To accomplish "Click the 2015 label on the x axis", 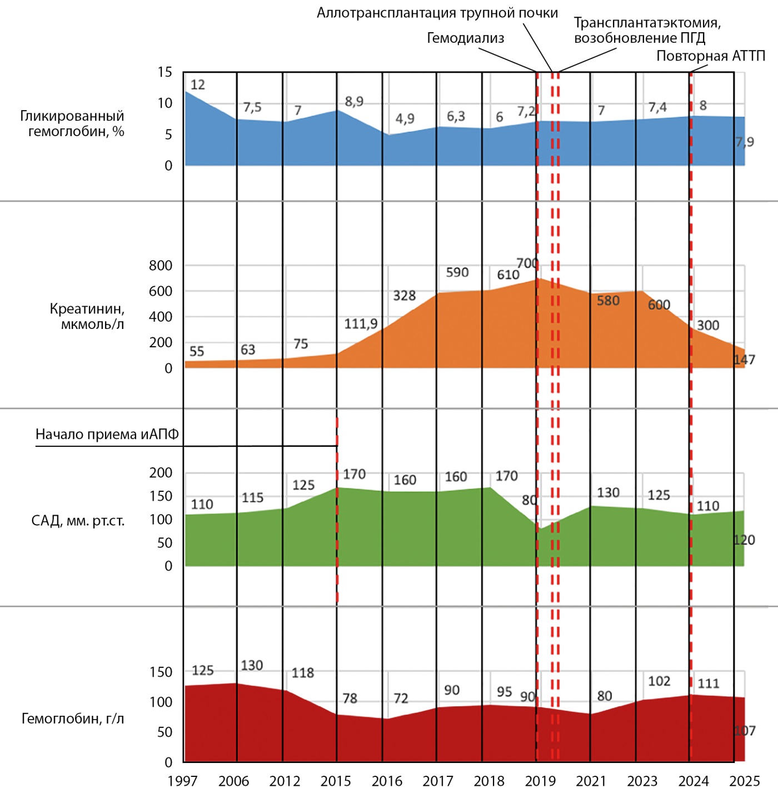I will (x=336, y=781).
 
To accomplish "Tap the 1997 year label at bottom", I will (x=182, y=781).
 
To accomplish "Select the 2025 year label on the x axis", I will (x=745, y=781).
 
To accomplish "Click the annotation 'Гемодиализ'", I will (x=465, y=38).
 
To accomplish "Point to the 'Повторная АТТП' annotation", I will (x=711, y=56).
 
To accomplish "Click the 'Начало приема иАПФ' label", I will (x=107, y=434).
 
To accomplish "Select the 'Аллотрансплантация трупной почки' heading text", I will (x=437, y=13).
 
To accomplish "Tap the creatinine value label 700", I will (x=527, y=263).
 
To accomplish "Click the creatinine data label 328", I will (x=405, y=296).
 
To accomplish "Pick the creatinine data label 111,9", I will (x=361, y=323).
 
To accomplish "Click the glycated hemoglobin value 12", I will (x=198, y=85).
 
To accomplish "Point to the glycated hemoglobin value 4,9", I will (x=405, y=119).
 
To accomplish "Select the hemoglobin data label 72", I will (x=401, y=699).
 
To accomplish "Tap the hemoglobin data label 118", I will (x=303, y=673).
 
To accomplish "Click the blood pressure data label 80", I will (x=528, y=501).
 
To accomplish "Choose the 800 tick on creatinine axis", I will (x=161, y=266).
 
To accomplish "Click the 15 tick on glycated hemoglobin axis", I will (x=165, y=72).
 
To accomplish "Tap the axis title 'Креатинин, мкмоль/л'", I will (x=87, y=316).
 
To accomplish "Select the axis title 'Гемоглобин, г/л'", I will (x=73, y=719).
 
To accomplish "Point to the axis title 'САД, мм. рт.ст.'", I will (x=78, y=521).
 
